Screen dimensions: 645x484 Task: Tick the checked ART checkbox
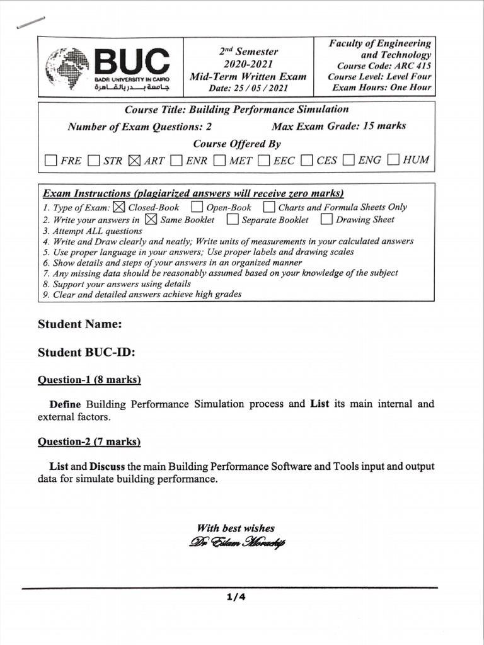pyautogui.click(x=134, y=160)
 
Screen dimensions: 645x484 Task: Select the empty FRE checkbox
pyautogui.click(x=51, y=160)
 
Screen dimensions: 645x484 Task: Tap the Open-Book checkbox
pyautogui.click(x=197, y=207)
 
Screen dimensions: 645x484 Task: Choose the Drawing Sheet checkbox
pyautogui.click(x=326, y=220)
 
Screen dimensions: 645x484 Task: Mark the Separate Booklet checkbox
pyautogui.click(x=233, y=220)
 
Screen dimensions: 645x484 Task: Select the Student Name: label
pyautogui.click(x=79, y=324)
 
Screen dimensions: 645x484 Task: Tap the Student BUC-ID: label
pyautogui.click(x=86, y=352)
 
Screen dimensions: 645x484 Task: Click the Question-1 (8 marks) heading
pyautogui.click(x=89, y=380)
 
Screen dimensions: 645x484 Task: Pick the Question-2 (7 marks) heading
pyautogui.click(x=89, y=442)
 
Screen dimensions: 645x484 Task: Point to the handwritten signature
pyautogui.click(x=236, y=542)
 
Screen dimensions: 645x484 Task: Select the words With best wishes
pyautogui.click(x=235, y=528)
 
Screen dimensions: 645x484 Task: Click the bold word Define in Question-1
pyautogui.click(x=66, y=404)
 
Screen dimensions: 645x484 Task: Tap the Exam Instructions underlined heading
pyautogui.click(x=193, y=193)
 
